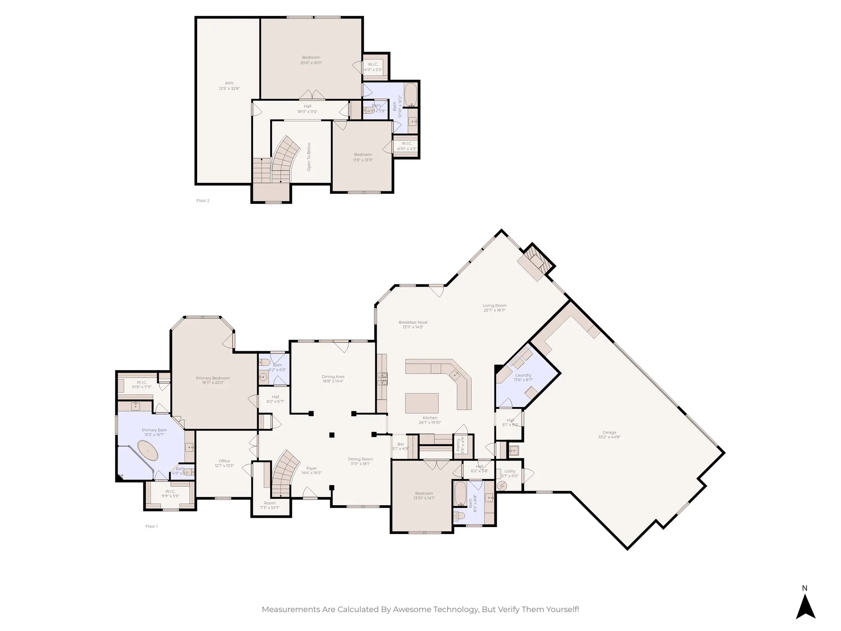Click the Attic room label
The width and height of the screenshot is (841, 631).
[229, 83]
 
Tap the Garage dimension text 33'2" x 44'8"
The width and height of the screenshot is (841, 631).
[609, 437]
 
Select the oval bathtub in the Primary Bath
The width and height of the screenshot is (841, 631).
[148, 451]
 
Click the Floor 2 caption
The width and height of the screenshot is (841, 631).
[203, 200]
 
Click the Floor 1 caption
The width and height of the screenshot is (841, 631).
[152, 526]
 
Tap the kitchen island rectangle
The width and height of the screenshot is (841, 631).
[422, 403]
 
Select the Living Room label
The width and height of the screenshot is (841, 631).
[494, 306]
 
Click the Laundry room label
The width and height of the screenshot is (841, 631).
[523, 375]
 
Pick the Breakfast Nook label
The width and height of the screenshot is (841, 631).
[413, 322]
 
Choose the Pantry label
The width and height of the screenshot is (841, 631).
[458, 445]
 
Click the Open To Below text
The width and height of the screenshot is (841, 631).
[309, 157]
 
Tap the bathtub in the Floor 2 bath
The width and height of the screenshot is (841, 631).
[410, 94]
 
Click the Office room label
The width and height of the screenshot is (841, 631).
[224, 461]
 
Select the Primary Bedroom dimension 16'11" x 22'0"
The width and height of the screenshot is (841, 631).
[213, 383]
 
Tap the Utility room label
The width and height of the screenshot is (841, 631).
[510, 471]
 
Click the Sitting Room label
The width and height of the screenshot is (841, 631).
[360, 459]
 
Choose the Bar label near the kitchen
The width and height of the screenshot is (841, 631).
[400, 444]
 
